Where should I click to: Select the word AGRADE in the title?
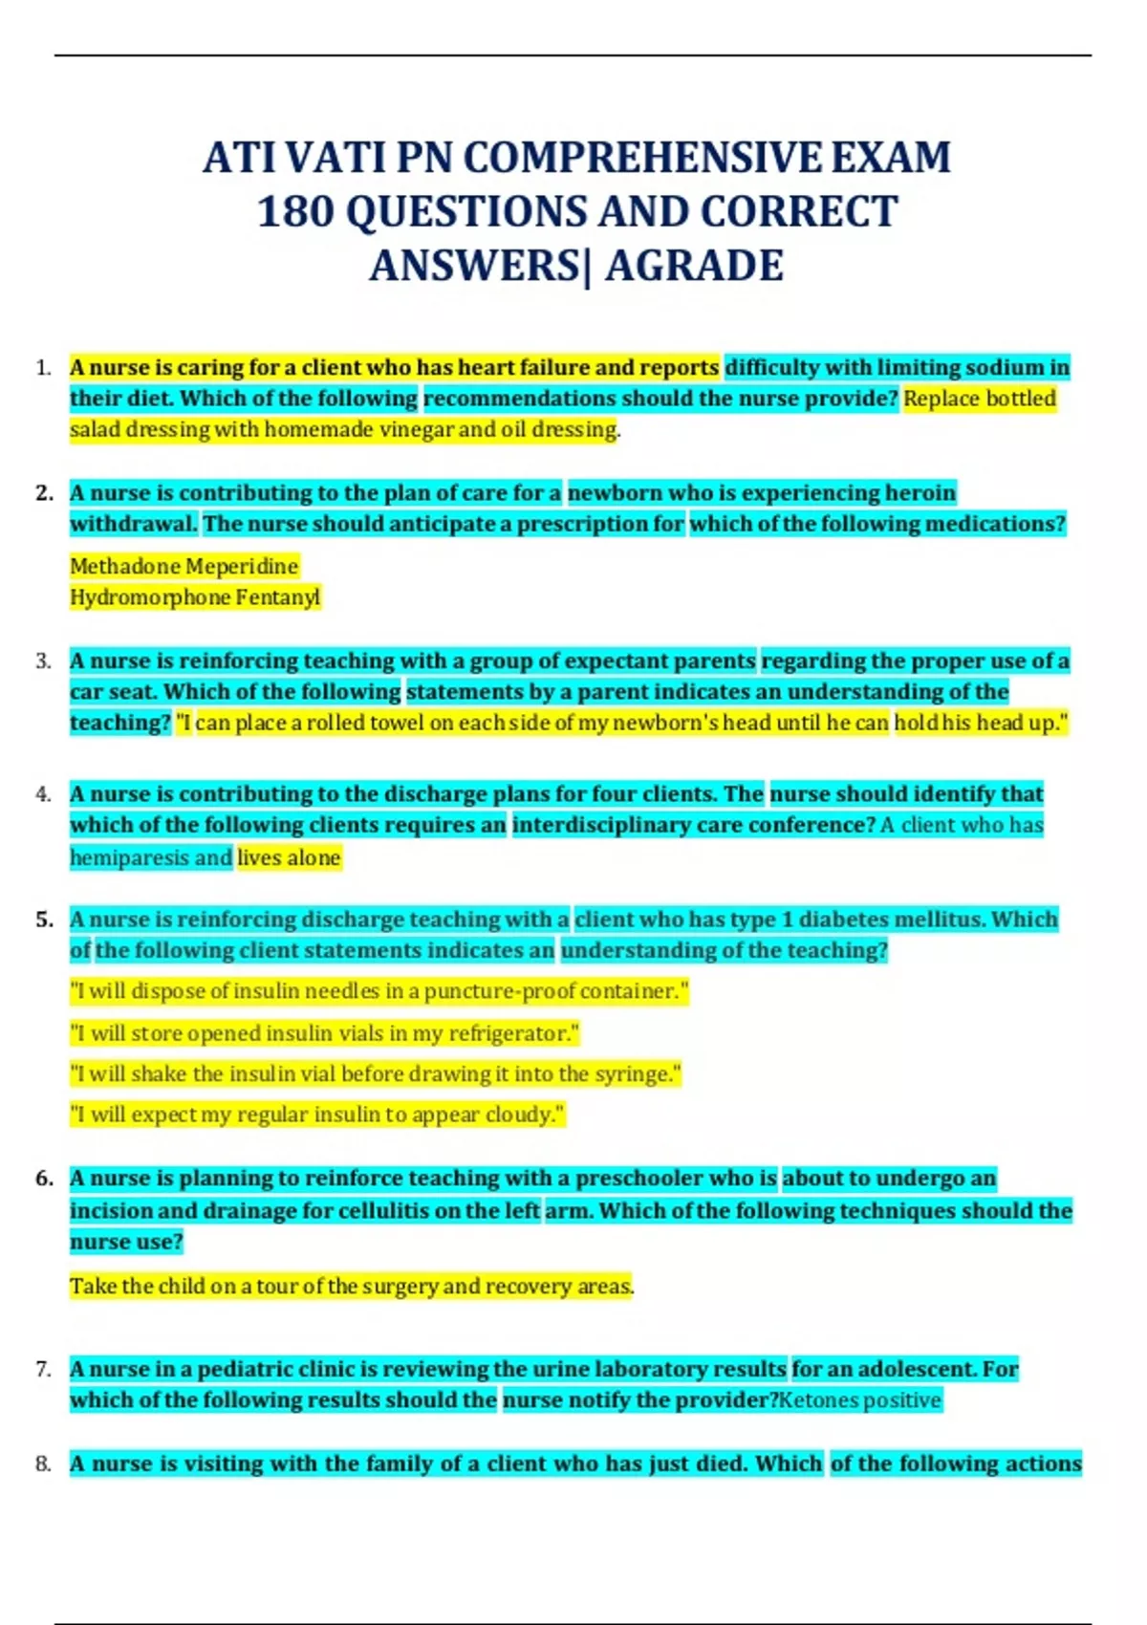tap(695, 266)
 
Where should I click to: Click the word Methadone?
tap(125, 566)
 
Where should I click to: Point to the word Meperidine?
tap(243, 566)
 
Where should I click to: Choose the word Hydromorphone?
tap(137, 597)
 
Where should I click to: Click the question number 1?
tap(43, 368)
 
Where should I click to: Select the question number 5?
tap(44, 920)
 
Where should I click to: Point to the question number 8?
tap(43, 1463)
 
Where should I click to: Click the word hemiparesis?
tap(129, 857)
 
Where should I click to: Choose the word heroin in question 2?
tap(920, 493)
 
